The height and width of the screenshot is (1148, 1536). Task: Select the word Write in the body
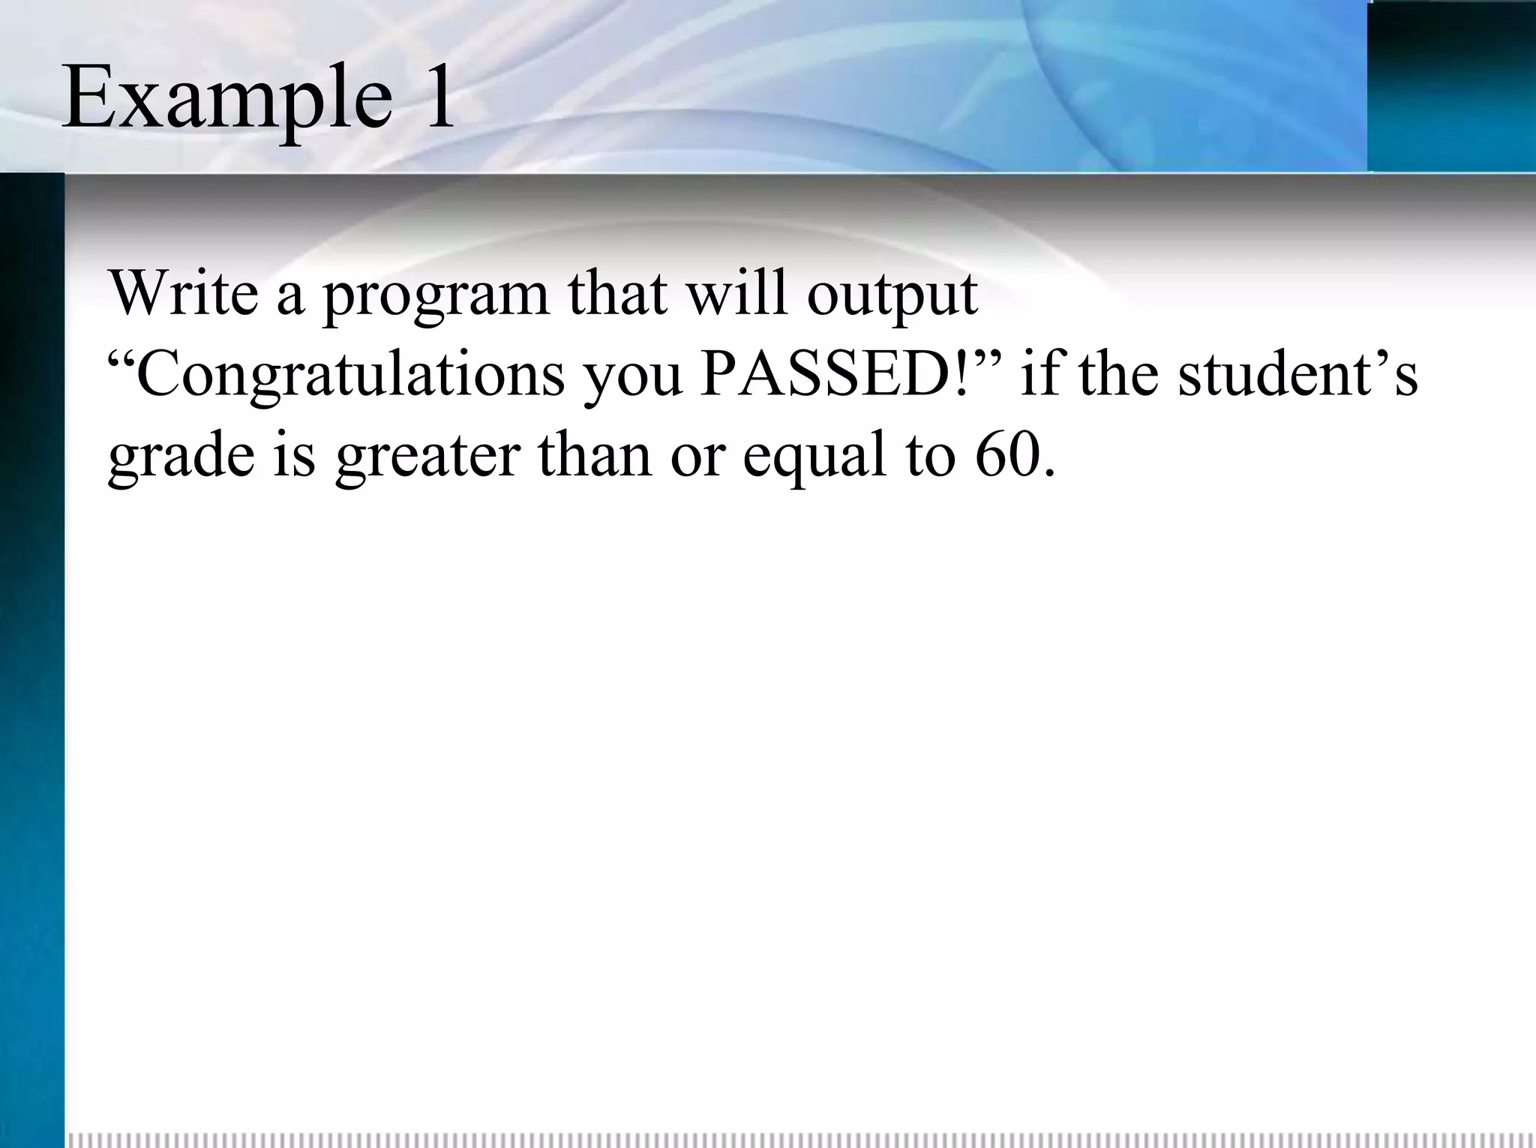tap(184, 292)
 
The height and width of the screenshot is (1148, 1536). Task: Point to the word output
tap(892, 295)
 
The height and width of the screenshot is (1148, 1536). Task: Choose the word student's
tap(1297, 374)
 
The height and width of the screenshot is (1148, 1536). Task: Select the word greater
tap(427, 457)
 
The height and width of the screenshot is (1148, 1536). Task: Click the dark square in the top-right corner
tap(1451, 87)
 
